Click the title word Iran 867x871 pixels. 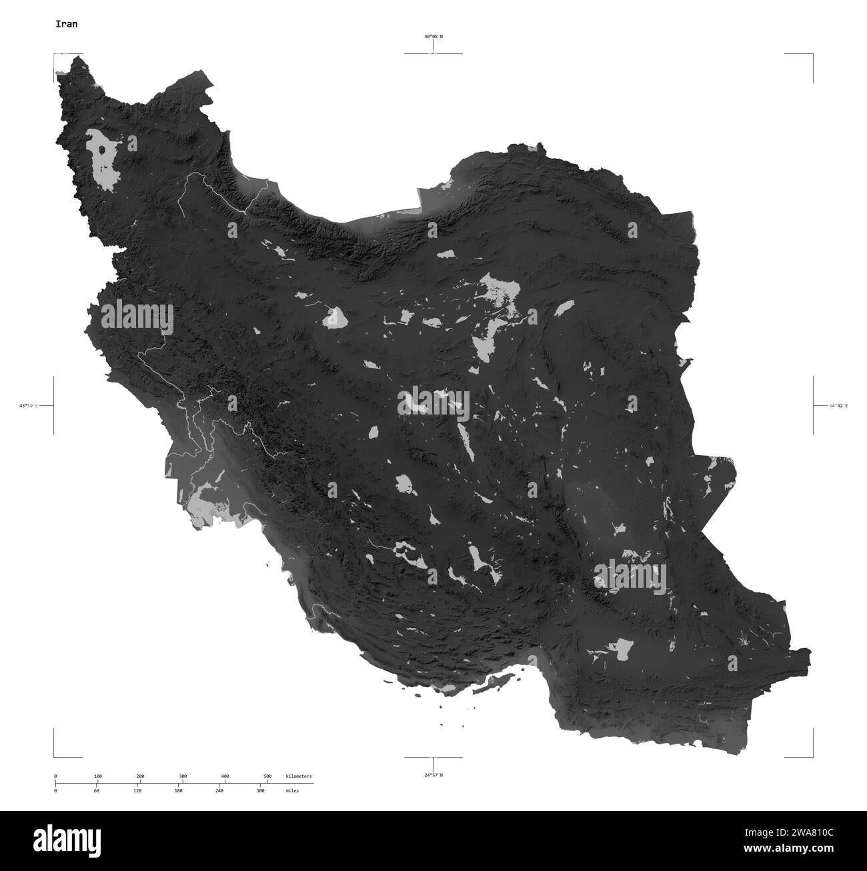click(66, 24)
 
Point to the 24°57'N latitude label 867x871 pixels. click(433, 774)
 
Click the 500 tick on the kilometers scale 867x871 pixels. click(267, 776)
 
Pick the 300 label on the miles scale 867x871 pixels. click(261, 790)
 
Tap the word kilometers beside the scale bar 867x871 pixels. click(298, 776)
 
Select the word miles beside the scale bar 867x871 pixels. click(291, 790)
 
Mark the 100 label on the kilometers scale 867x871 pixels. click(97, 776)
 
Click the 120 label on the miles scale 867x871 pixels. click(137, 790)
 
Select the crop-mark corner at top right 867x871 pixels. click(812, 55)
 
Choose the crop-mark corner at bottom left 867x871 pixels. click(55, 756)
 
